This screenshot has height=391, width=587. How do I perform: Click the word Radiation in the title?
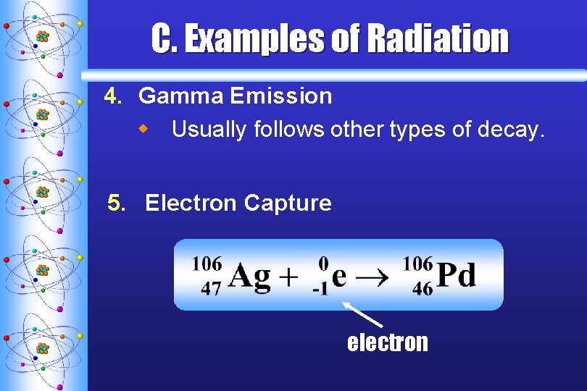[x=438, y=39]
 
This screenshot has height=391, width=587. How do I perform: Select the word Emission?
[x=281, y=96]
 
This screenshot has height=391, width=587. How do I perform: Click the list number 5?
[x=116, y=203]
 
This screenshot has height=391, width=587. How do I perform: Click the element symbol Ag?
[x=249, y=277]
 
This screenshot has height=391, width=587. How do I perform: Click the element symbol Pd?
[x=457, y=276]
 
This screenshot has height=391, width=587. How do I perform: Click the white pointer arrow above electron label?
[x=363, y=316]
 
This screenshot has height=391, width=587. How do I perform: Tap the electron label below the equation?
[x=388, y=342]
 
